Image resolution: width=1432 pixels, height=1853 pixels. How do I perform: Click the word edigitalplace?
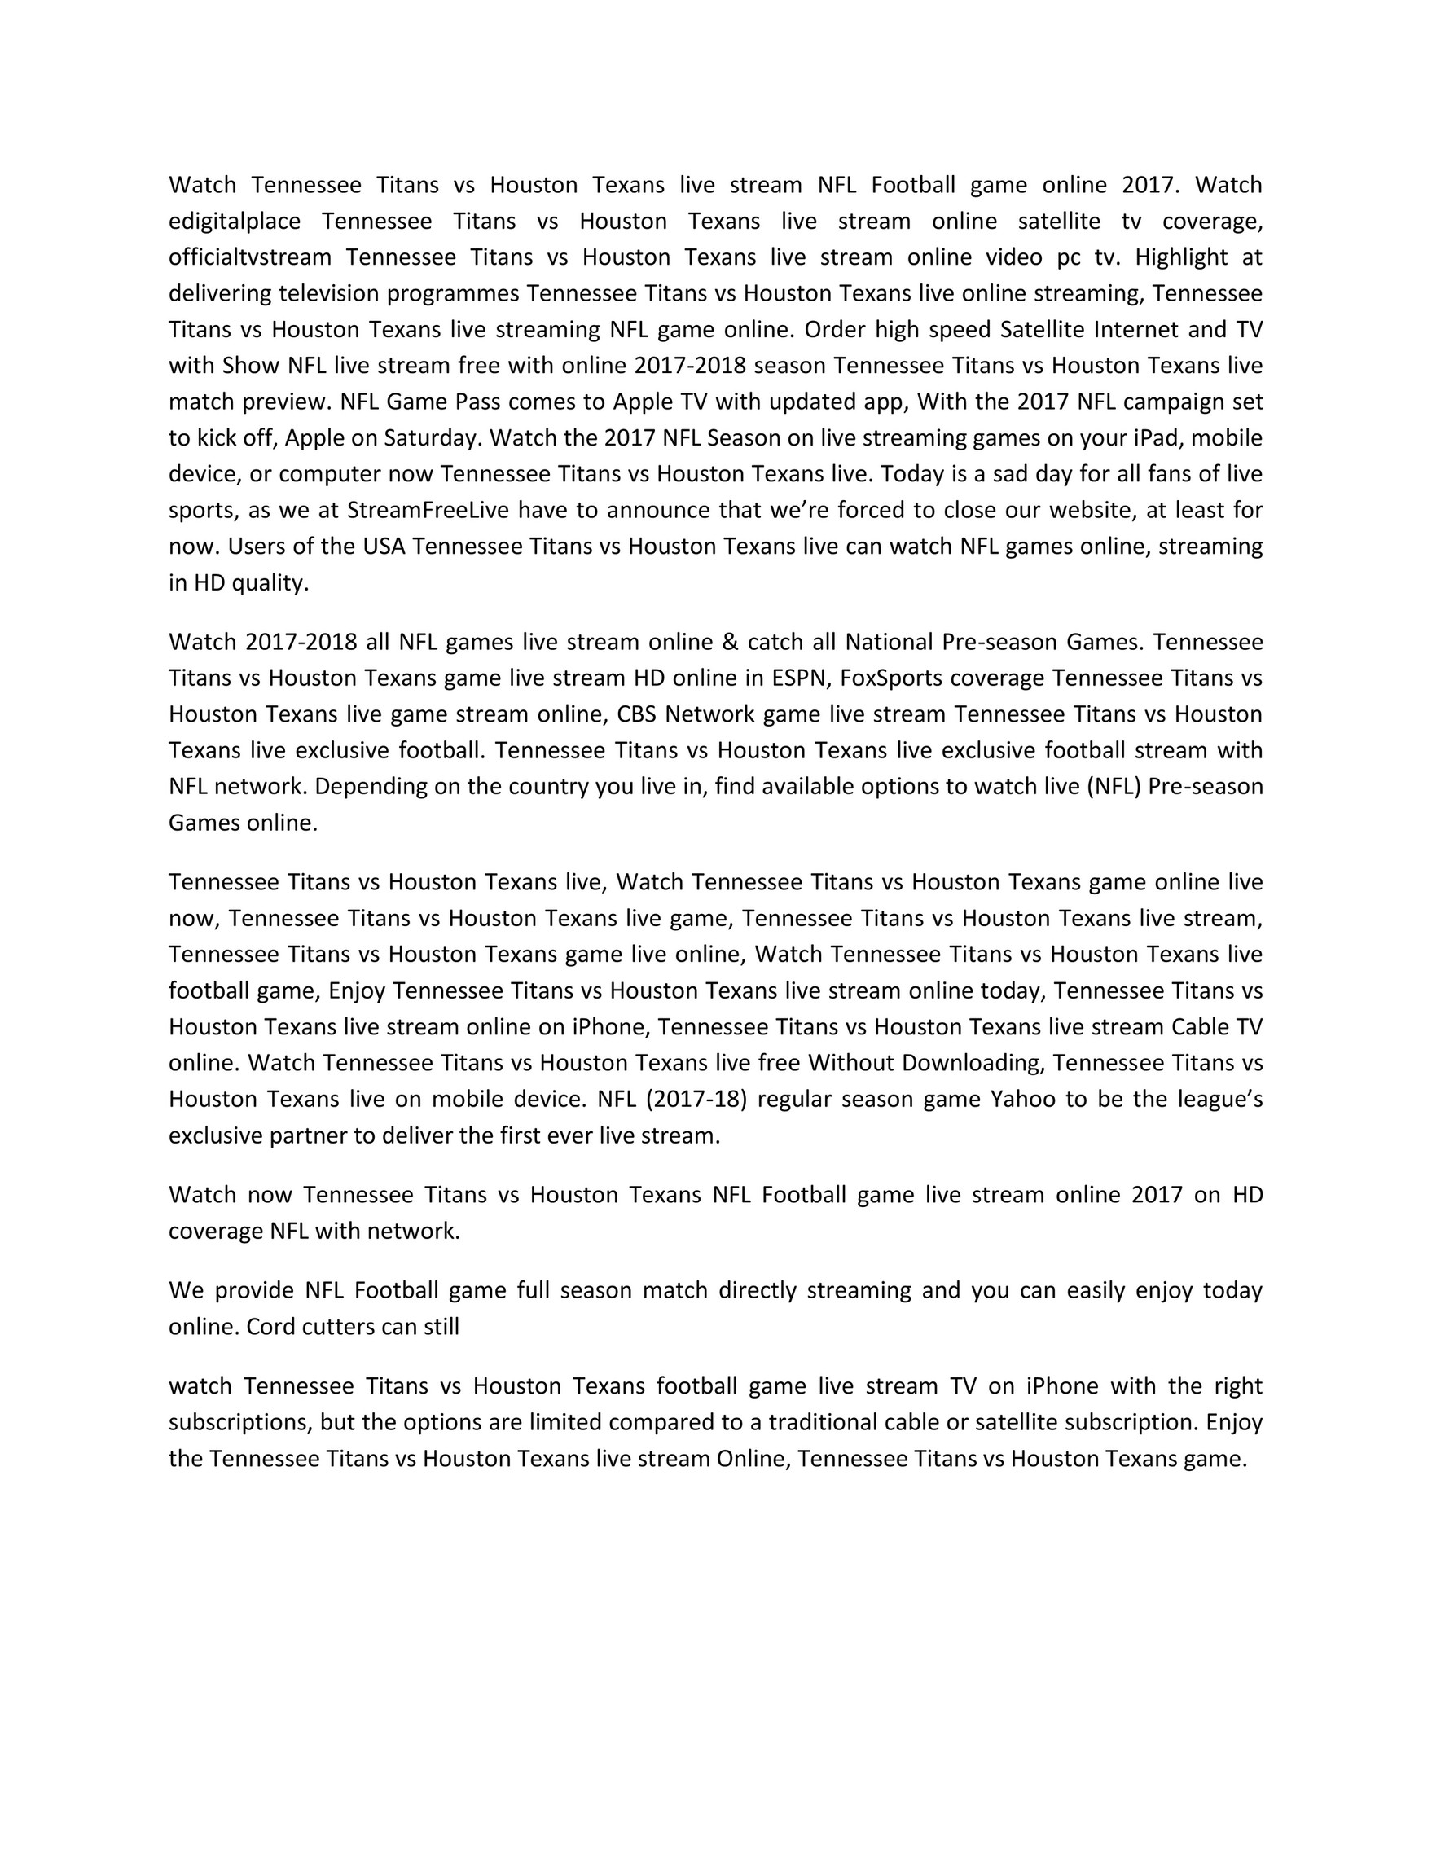[x=234, y=222]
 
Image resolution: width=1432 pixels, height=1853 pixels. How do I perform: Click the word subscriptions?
[x=240, y=1422]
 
